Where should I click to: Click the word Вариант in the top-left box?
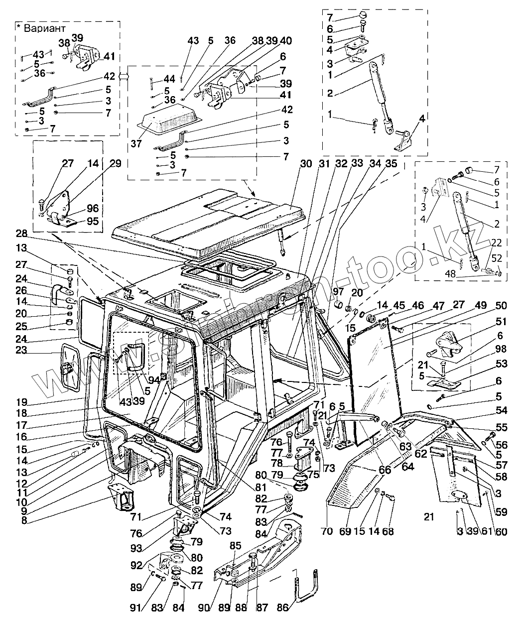[x=49, y=29]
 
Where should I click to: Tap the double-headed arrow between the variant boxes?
[x=124, y=76]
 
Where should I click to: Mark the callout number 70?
[x=327, y=531]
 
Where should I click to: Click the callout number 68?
[x=388, y=531]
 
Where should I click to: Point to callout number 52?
[x=497, y=257]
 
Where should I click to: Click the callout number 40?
[x=286, y=41]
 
